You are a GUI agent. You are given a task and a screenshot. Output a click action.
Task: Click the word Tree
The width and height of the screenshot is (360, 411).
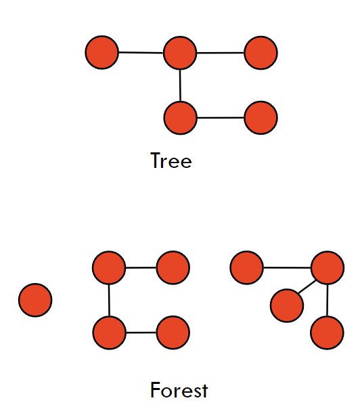[x=171, y=160]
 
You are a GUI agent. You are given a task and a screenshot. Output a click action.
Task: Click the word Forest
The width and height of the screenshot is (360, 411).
[x=179, y=390]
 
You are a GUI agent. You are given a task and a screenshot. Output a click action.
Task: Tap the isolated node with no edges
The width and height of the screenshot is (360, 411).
[x=35, y=300]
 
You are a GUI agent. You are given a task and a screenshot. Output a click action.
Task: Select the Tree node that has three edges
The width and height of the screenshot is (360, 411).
[x=180, y=53]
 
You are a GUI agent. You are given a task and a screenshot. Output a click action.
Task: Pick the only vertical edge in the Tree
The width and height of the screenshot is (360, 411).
[x=180, y=85]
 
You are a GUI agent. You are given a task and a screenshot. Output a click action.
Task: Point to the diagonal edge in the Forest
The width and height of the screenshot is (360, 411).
[x=307, y=286]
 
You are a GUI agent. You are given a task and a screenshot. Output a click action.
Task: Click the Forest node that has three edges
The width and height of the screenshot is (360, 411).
[x=328, y=267]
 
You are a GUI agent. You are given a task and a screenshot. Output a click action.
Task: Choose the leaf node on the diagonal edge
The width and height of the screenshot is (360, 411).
[x=287, y=305]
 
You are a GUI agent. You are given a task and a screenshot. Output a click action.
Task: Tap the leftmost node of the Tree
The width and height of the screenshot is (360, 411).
[x=102, y=52]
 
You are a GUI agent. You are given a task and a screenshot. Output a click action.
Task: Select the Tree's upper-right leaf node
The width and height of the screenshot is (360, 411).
[x=261, y=53]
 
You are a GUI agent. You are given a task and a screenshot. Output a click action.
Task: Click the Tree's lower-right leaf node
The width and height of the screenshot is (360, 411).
[x=261, y=118]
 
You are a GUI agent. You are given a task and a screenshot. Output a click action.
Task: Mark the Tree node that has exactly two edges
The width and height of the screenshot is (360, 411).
[x=180, y=118]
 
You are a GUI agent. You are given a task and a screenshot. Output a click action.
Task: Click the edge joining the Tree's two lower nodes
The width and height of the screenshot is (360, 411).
[x=221, y=118]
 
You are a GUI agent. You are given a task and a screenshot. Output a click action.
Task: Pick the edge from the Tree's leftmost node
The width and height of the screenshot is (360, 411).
[x=141, y=53]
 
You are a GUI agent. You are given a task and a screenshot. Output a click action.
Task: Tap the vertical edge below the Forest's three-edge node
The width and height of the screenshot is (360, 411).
[x=328, y=300]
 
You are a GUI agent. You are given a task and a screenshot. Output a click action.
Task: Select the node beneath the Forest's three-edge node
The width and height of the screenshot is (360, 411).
[x=327, y=332]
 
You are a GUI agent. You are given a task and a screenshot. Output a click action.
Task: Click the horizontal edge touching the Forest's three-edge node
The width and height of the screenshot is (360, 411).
[x=287, y=267]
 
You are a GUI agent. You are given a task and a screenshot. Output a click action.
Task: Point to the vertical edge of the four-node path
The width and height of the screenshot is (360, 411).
[x=109, y=300]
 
